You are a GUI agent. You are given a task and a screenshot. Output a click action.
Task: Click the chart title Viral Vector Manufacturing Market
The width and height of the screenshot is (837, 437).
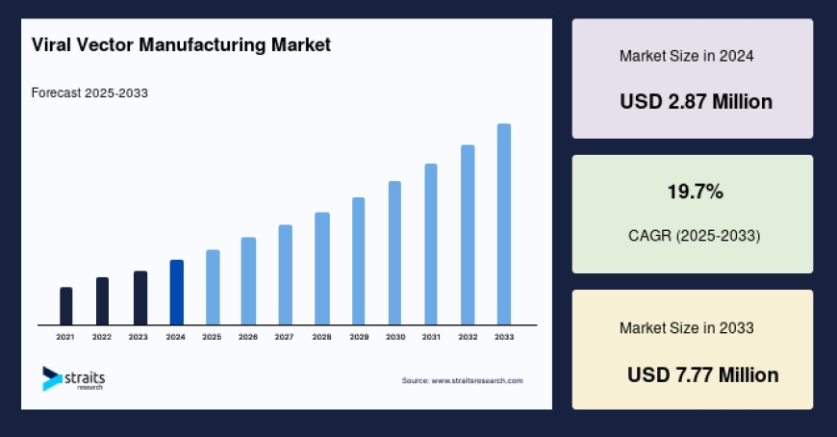[181, 44]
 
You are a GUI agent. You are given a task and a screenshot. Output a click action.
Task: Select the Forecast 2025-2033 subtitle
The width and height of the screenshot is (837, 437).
[89, 93]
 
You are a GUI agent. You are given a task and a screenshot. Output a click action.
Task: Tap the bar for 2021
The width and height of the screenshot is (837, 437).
[65, 306]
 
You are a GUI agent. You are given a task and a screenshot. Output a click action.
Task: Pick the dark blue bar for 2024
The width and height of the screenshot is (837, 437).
[176, 293]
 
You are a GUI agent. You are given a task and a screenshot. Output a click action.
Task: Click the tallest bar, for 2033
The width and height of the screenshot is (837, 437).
[503, 224]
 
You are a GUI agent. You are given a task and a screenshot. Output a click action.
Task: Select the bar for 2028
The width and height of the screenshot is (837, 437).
[322, 269]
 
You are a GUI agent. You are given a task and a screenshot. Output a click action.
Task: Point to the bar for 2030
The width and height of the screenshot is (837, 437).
[394, 252]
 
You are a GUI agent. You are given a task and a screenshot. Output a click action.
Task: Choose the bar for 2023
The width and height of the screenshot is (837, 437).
[139, 298]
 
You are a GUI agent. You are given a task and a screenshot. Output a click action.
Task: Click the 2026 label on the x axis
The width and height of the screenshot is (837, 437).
[248, 338]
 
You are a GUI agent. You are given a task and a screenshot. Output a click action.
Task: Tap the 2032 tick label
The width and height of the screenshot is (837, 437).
[468, 338]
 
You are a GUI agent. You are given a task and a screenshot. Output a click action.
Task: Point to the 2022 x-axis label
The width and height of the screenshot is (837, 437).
[102, 338]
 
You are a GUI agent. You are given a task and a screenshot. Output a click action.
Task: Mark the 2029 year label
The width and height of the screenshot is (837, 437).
[358, 338]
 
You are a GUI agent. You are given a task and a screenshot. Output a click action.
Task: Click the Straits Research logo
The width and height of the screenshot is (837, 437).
[73, 378]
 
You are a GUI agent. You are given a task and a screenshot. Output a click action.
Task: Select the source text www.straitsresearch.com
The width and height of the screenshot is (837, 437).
[462, 381]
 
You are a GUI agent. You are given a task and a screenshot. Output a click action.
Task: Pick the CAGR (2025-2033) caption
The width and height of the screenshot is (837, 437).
[694, 235]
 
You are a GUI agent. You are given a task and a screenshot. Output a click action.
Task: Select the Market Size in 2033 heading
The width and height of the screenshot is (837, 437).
[686, 328]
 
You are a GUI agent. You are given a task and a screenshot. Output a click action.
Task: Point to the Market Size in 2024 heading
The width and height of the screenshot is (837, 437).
[686, 56]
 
